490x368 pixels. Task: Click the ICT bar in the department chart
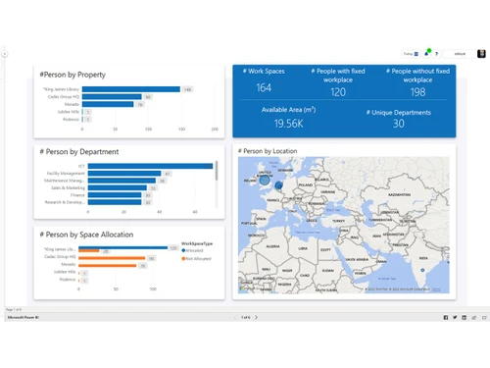point(147,166)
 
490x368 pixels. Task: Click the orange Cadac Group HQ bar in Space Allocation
point(112,258)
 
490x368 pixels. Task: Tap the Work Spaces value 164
point(264,88)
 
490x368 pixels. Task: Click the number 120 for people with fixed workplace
point(338,92)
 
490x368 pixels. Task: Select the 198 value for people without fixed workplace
point(417,92)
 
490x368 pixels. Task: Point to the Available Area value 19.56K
point(288,124)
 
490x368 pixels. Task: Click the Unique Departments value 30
point(398,124)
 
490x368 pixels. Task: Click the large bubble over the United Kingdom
point(265,180)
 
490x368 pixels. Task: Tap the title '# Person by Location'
point(269,151)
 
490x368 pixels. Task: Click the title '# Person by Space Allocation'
point(87,235)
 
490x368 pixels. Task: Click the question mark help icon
point(438,53)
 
